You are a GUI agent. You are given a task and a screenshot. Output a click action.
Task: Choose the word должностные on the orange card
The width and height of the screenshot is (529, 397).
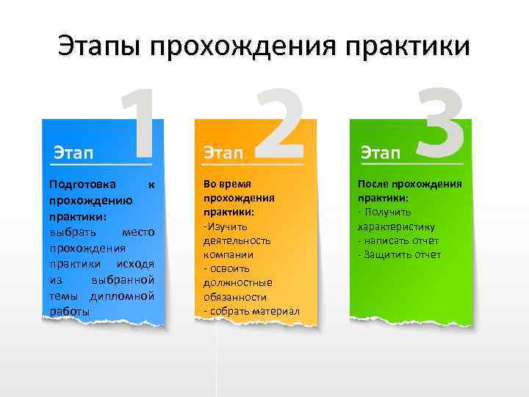tap(237, 282)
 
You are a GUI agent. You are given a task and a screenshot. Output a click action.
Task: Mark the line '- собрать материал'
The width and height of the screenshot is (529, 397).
tap(251, 311)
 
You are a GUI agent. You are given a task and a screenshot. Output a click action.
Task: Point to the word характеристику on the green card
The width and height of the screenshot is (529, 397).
tap(397, 226)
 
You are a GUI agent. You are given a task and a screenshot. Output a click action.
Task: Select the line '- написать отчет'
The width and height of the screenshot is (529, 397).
tap(398, 240)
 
